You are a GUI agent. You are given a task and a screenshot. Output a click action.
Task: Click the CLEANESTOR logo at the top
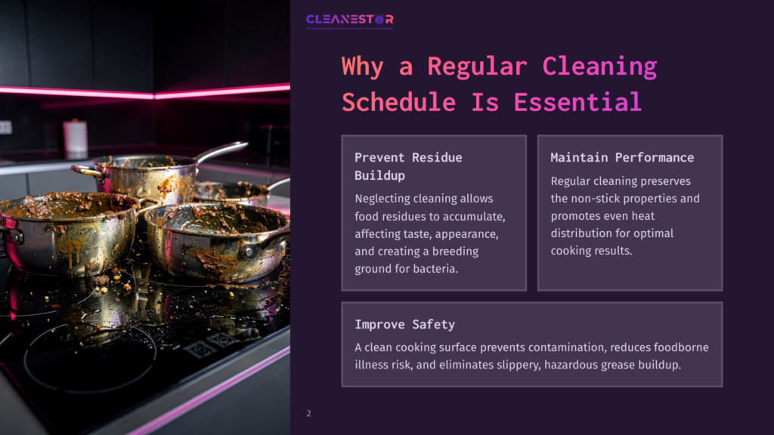pyautogui.click(x=349, y=20)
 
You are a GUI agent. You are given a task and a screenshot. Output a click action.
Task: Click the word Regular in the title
pyautogui.click(x=476, y=66)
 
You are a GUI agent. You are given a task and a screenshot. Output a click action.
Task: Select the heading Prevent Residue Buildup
pyautogui.click(x=408, y=166)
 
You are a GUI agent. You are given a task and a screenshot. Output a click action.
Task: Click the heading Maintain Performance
pyautogui.click(x=622, y=157)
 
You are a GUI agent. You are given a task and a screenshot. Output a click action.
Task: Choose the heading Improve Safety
pyautogui.click(x=404, y=324)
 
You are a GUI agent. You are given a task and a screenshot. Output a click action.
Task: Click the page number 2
pyautogui.click(x=308, y=413)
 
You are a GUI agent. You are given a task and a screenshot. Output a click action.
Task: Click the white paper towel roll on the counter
pyautogui.click(x=76, y=137)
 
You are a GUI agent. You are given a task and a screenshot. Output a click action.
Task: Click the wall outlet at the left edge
pyautogui.click(x=5, y=127)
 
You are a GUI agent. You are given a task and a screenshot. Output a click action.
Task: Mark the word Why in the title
pyautogui.click(x=362, y=66)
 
